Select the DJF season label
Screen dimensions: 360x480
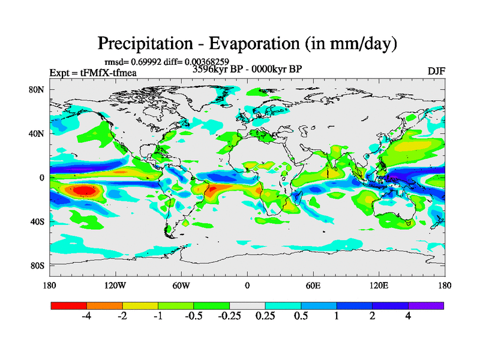pos(436,71)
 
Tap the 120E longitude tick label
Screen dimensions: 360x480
pos(379,285)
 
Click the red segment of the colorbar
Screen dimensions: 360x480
pos(68,305)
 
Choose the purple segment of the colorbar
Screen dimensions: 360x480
pos(426,305)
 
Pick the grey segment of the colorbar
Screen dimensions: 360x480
pos(247,305)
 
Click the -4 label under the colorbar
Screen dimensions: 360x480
pos(86,317)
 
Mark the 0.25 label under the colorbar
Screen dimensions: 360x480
pos(265,317)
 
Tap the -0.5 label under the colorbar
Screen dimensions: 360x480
pos(193,317)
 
